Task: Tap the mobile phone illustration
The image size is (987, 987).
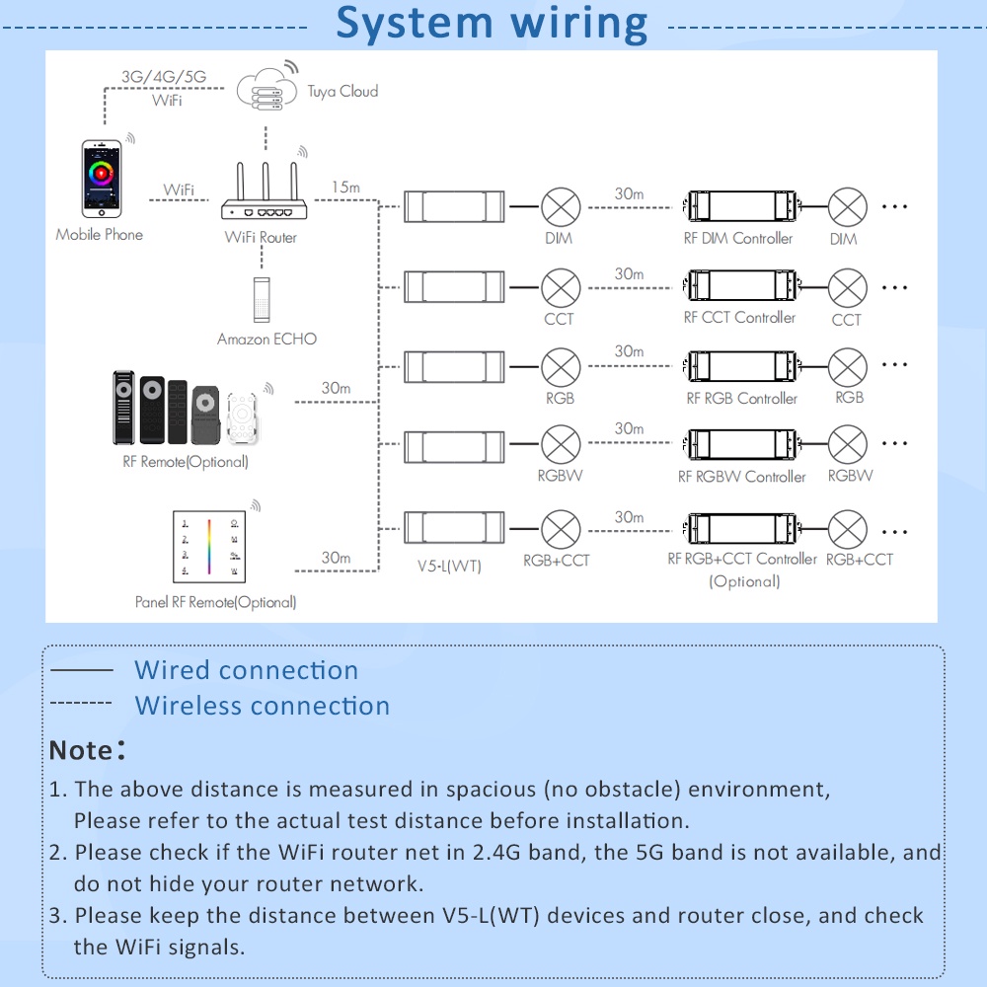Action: click(103, 179)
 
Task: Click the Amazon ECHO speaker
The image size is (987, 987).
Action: click(262, 299)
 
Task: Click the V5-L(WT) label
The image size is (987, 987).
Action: click(449, 567)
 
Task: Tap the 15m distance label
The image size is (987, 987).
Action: click(346, 187)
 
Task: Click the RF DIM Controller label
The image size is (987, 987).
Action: click(738, 238)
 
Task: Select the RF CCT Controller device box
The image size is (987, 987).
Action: click(739, 286)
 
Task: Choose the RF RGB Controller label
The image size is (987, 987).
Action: click(741, 398)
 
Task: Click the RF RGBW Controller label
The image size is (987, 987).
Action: click(741, 477)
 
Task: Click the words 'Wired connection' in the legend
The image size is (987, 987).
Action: click(246, 670)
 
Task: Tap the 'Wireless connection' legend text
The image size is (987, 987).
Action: click(262, 706)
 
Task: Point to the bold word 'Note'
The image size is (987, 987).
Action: click(81, 750)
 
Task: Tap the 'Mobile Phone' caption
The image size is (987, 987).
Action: click(99, 234)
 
